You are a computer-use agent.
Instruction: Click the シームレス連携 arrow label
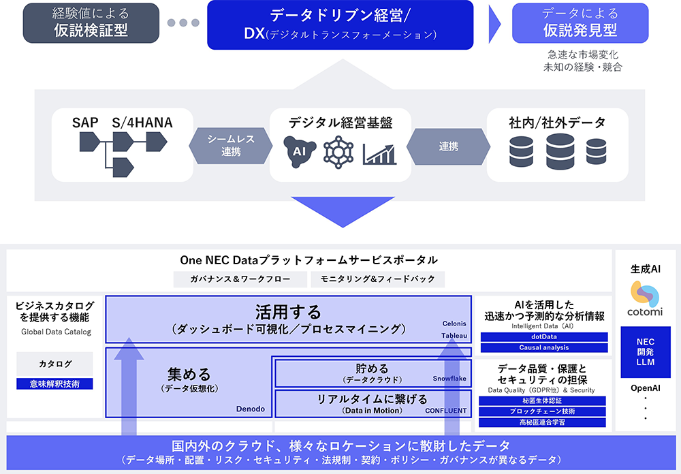(231, 145)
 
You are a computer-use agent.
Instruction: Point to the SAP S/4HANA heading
(122, 123)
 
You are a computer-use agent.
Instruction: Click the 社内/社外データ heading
(557, 123)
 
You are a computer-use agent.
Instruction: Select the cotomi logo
(645, 300)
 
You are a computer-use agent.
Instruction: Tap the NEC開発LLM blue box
(645, 351)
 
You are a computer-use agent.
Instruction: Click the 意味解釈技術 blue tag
(54, 384)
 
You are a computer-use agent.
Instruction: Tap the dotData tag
(543, 336)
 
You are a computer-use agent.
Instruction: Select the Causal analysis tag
(543, 347)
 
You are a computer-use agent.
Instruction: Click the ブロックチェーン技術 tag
(543, 411)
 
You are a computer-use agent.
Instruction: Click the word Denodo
(249, 409)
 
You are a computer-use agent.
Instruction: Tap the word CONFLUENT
(446, 411)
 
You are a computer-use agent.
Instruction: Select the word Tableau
(454, 336)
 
